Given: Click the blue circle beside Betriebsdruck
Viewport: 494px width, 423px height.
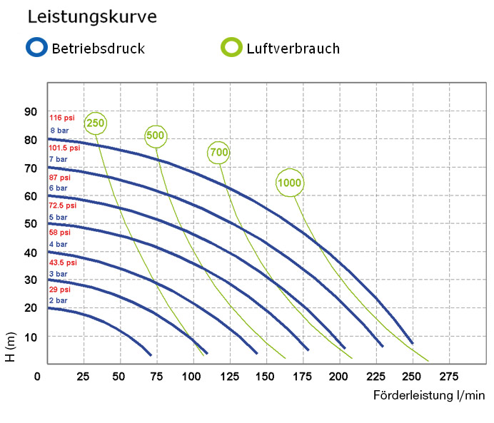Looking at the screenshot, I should (35, 48).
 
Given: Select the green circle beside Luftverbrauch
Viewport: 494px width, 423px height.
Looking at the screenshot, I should (231, 48).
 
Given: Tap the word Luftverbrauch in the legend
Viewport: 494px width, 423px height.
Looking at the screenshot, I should (293, 49).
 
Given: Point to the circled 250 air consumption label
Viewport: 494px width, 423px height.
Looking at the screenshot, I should (95, 123).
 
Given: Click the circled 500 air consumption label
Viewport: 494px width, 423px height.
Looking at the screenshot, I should (156, 135).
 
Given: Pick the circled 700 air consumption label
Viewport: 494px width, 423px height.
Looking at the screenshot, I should (218, 152).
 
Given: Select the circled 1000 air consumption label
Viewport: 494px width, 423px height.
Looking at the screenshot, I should (289, 183).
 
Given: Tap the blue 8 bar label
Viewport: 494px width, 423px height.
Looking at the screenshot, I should (58, 130).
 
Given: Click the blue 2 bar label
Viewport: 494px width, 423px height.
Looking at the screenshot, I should (58, 301).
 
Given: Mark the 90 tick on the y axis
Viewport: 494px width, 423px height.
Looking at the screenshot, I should (30, 111).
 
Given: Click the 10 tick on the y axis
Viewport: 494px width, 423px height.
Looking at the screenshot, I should (30, 336).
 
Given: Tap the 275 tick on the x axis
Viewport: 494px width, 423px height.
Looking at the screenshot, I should (448, 375).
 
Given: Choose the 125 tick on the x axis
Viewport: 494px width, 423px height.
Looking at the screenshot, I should (228, 375).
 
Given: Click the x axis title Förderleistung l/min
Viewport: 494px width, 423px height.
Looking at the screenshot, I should (428, 394).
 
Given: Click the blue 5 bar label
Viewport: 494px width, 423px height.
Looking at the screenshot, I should (58, 217).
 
